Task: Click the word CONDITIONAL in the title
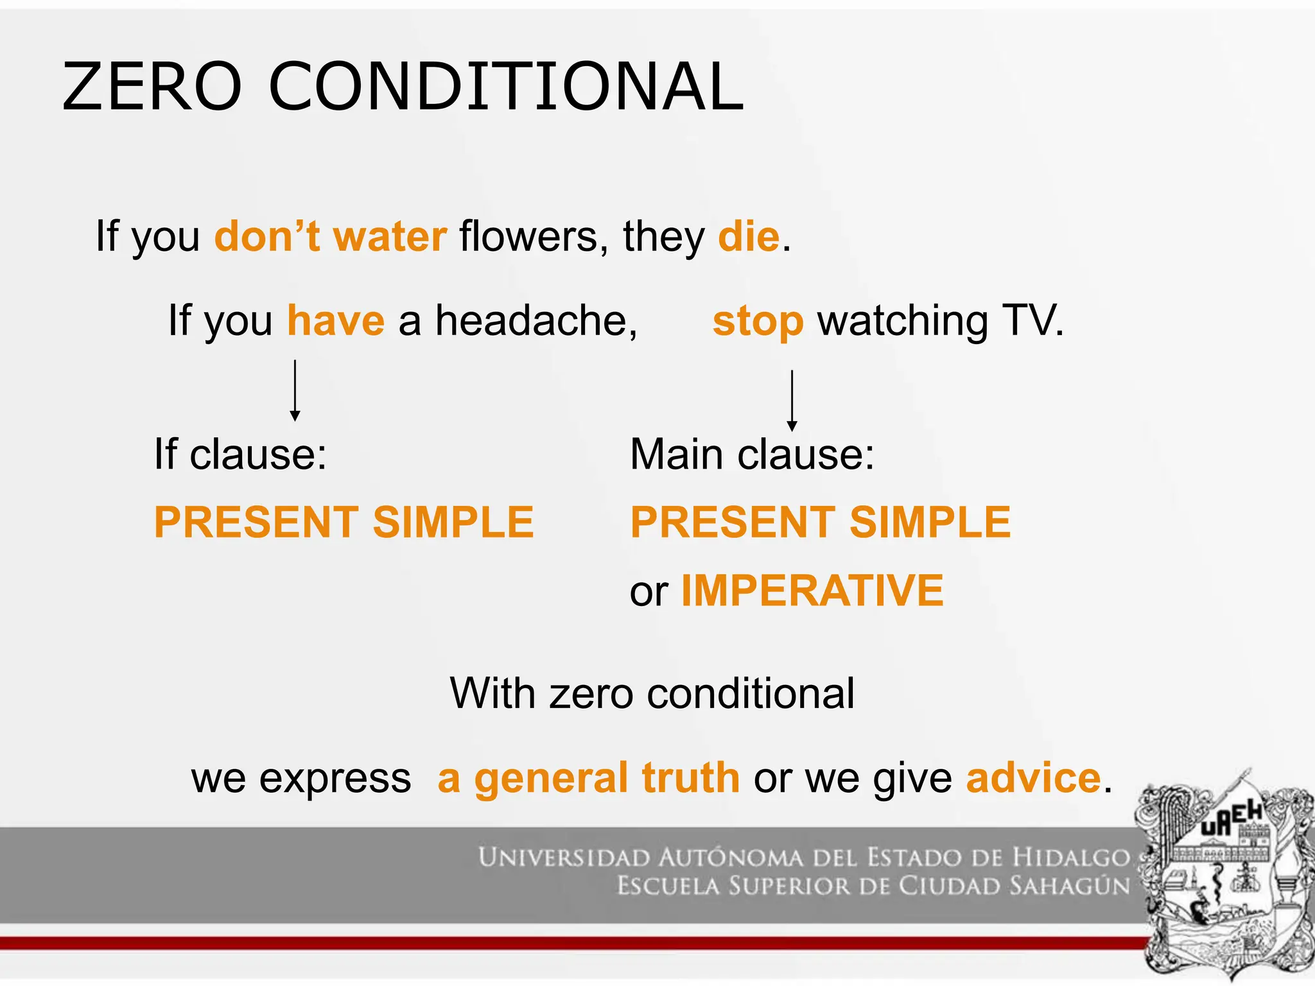[506, 87]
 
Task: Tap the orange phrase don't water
[330, 237]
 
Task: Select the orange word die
[749, 237]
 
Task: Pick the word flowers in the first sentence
[528, 237]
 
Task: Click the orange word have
[336, 321]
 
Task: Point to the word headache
[536, 321]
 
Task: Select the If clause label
[240, 455]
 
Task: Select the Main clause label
[752, 455]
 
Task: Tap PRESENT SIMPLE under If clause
[344, 522]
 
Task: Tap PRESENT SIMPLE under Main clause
[821, 522]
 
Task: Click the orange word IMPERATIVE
[812, 591]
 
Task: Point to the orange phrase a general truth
[588, 778]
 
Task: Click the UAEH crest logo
[1223, 876]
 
